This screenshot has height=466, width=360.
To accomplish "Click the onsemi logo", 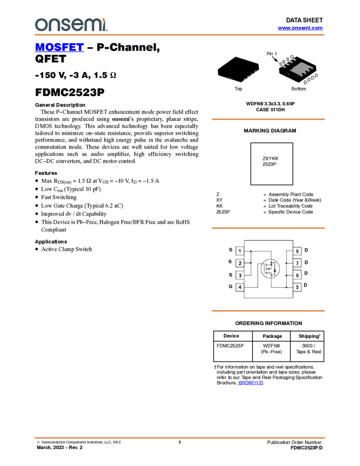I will coord(71,25).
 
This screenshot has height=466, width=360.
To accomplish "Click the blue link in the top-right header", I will coord(300,27).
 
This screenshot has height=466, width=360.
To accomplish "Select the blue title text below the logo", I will coord(59,48).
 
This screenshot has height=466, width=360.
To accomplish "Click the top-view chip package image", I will coord(238,70).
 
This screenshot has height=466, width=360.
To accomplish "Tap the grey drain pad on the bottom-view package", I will coord(301,70).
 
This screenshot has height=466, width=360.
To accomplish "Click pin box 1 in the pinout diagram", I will coord(240,251).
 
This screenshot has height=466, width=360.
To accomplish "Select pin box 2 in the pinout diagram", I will coord(240,263).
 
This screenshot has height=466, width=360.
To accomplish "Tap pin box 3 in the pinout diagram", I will coord(240,275).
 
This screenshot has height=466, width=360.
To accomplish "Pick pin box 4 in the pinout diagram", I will coord(240,287).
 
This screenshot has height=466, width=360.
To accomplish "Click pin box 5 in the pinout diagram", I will coord(297,287).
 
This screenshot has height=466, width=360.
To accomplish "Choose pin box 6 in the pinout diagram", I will coord(297,275).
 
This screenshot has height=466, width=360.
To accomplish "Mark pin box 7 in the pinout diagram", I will coord(297,263).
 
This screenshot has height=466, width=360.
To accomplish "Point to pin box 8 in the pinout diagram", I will coord(297,251).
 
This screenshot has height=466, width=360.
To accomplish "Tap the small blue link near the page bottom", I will coord(250,384).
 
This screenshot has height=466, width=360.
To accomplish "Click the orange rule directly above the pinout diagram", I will coord(268,228).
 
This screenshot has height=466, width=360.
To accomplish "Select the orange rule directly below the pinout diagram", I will coord(268,311).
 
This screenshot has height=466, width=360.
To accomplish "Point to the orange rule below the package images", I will coord(268,119).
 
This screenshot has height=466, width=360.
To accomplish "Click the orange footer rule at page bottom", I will coord(180,437).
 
